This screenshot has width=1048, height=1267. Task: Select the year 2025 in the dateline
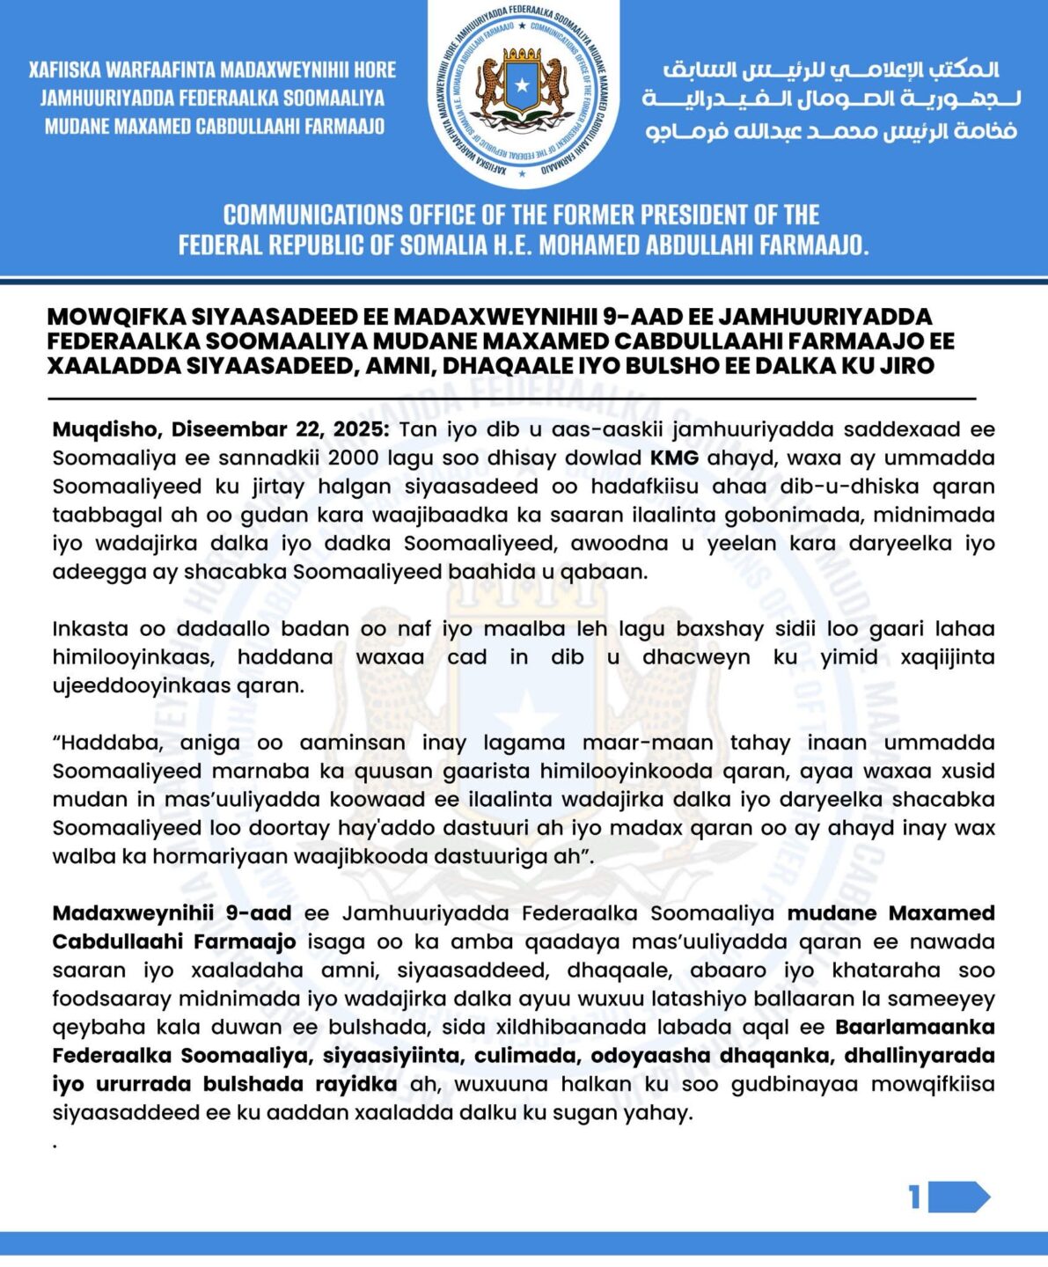coord(358,430)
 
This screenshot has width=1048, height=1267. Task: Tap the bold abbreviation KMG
coord(674,458)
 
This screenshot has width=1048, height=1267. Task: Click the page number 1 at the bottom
coord(915,1197)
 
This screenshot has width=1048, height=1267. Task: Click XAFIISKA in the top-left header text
coord(66,70)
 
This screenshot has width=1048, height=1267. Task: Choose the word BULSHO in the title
coord(700,365)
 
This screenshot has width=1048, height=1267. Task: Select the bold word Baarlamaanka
coord(915,1028)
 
